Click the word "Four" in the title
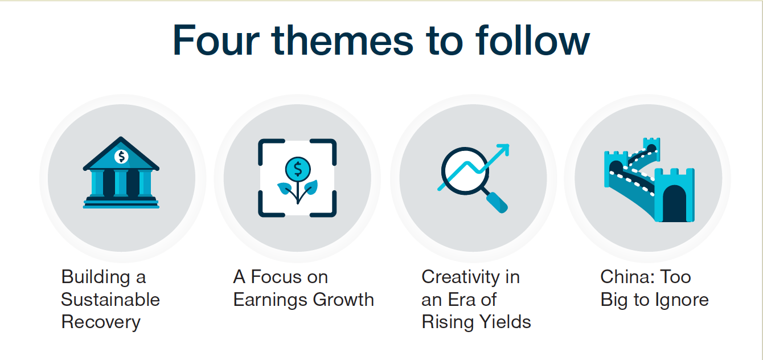[x=216, y=40]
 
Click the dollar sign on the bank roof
[x=121, y=157]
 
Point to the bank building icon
[x=121, y=172]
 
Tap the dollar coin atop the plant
[x=298, y=169]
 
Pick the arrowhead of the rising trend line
[x=503, y=150]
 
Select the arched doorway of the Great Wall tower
[x=674, y=203]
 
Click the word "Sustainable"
[x=110, y=300]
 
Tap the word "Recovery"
[x=101, y=322]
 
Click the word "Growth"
[x=343, y=300]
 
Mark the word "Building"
[x=96, y=277]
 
